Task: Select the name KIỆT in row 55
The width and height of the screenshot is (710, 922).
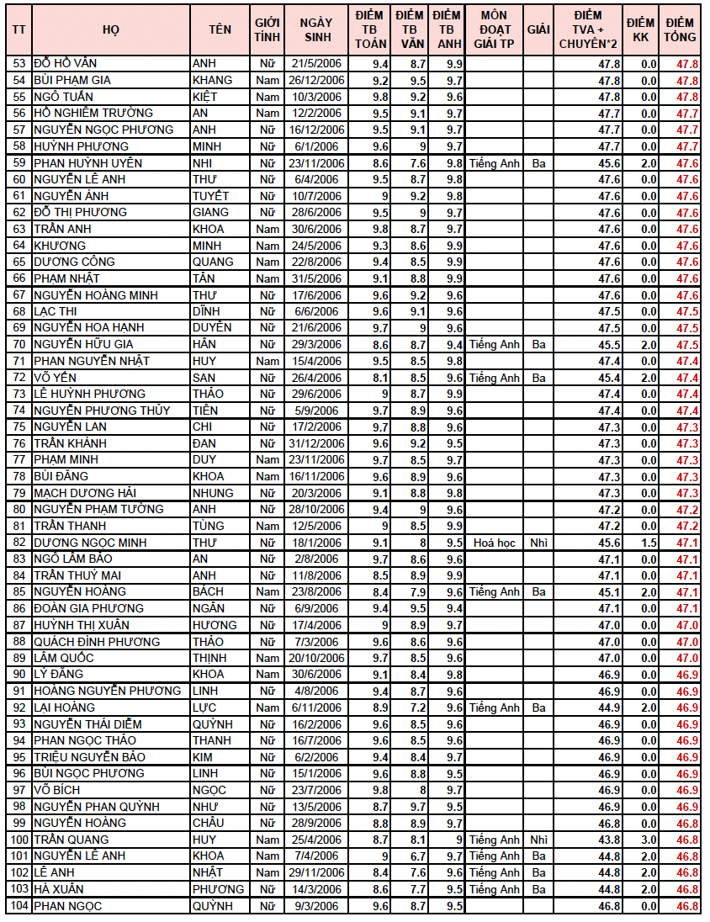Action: [205, 97]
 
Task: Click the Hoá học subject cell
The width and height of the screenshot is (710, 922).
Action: [494, 543]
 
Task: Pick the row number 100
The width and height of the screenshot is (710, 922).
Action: [19, 840]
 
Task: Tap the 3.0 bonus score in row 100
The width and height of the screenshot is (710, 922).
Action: [648, 840]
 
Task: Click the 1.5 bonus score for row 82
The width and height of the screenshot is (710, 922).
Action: [648, 543]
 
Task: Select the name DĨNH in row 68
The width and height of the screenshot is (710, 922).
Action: [207, 311]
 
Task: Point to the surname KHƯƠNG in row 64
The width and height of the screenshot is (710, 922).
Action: [60, 246]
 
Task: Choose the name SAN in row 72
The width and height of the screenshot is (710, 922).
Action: [204, 378]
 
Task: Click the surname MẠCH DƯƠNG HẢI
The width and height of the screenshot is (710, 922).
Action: [85, 493]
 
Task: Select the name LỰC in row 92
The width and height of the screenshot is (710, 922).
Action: [204, 707]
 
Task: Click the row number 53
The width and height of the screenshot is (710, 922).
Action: [19, 64]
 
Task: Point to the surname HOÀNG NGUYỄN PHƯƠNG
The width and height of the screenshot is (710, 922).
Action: [107, 691]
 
